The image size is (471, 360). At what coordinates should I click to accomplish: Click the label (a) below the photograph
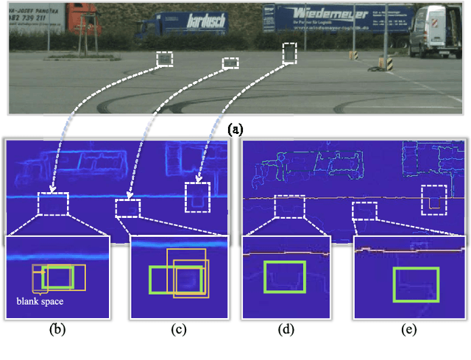point(235,130)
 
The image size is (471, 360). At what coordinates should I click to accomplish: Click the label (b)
point(57,330)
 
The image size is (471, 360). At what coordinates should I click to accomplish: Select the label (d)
point(286,330)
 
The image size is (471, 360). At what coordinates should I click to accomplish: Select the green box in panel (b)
point(57,278)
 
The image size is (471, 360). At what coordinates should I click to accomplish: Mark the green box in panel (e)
point(416,284)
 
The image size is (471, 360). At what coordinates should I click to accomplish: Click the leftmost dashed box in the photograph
point(165,59)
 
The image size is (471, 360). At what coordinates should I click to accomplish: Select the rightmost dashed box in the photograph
point(290,53)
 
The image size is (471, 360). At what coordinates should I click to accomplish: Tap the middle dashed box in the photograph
point(231,63)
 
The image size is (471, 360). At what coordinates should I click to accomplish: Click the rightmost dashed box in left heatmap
point(197,197)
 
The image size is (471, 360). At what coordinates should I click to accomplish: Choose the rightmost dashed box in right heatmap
point(433,200)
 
